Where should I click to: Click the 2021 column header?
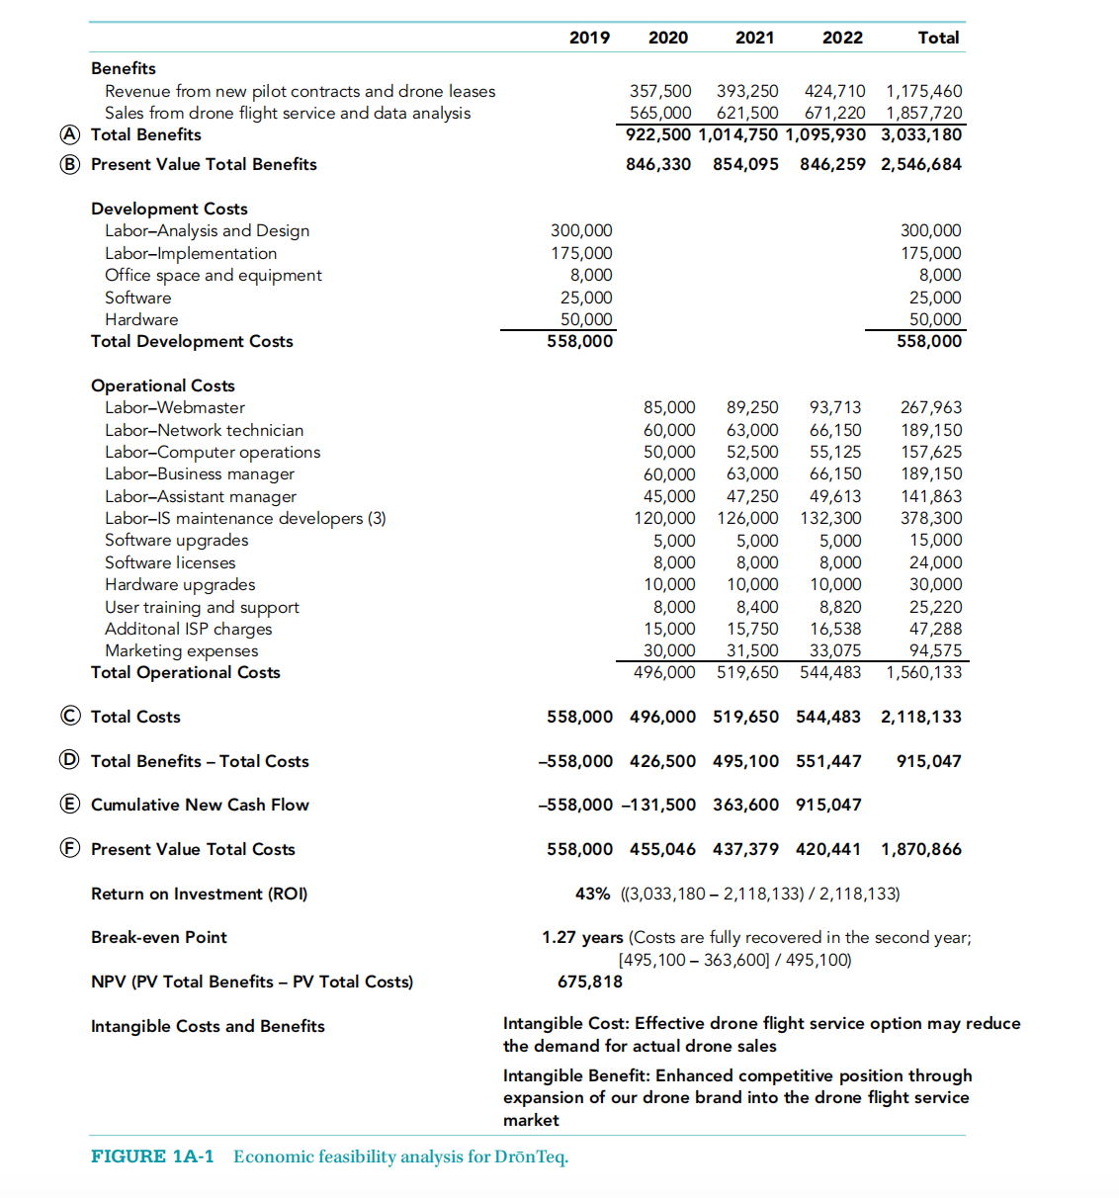(754, 38)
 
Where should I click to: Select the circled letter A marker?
(69, 134)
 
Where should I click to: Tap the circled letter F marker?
(69, 848)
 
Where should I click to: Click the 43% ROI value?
(592, 894)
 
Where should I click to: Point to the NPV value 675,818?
(590, 982)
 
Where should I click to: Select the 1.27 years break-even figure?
(582, 937)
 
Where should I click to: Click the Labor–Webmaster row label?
(175, 407)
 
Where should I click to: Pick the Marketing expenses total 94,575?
(935, 650)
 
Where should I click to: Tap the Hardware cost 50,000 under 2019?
(586, 319)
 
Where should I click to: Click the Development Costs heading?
(169, 209)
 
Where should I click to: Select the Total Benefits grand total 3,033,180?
(920, 134)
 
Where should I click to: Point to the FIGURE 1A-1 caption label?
(152, 1156)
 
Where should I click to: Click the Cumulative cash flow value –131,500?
(658, 805)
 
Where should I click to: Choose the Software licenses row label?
(170, 562)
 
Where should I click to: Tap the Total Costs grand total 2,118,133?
(920, 717)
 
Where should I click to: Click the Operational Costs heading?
(163, 385)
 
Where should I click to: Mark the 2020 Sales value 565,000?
(660, 113)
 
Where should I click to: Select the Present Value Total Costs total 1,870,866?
(920, 849)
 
